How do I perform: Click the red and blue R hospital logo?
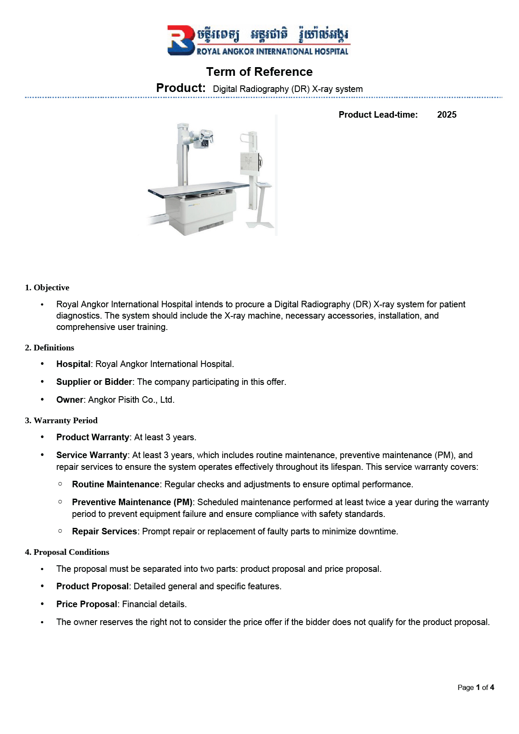181,40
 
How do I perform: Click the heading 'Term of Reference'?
259,72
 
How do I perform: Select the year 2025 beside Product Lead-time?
447,115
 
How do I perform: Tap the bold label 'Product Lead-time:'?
378,115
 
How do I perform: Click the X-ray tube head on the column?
203,139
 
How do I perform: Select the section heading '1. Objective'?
47,288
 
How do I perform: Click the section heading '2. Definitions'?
49,348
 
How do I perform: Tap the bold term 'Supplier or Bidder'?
94,382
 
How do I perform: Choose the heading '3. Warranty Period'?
61,421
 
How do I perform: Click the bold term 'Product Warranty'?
93,437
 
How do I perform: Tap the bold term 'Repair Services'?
105,531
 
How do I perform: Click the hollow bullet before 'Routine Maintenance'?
60,484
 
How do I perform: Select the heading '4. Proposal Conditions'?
67,552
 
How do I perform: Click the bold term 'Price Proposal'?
87,604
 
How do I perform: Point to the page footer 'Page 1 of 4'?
475,687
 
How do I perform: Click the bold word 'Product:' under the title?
181,88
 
